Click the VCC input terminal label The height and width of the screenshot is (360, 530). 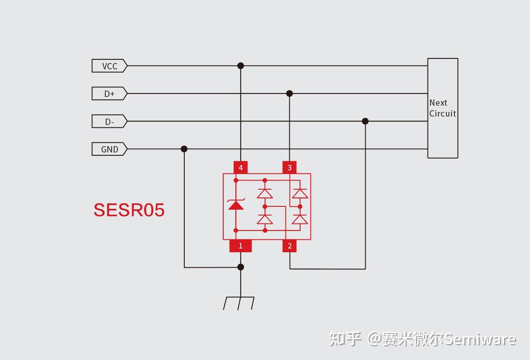(109, 66)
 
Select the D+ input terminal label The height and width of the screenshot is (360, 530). (109, 94)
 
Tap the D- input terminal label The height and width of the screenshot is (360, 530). (109, 122)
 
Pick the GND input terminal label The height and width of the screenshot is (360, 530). (109, 149)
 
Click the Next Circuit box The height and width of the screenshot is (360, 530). (443, 108)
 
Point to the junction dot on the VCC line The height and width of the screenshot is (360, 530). (240, 66)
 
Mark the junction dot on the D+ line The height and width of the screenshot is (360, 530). (289, 94)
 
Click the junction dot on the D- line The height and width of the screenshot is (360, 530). (365, 121)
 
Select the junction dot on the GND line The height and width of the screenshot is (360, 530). (184, 149)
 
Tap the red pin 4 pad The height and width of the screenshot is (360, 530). (240, 167)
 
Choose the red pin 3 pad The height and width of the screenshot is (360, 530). (289, 167)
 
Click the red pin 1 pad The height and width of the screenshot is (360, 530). (240, 246)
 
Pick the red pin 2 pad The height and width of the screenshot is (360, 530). (289, 246)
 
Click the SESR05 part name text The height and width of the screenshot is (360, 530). (129, 210)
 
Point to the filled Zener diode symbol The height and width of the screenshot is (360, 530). (236, 204)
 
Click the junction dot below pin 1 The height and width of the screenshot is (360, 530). (240, 267)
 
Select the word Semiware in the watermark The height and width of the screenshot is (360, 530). (479, 339)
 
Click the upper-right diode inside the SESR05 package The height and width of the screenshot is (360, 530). (300, 193)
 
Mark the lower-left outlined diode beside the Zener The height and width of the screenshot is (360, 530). (265, 219)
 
